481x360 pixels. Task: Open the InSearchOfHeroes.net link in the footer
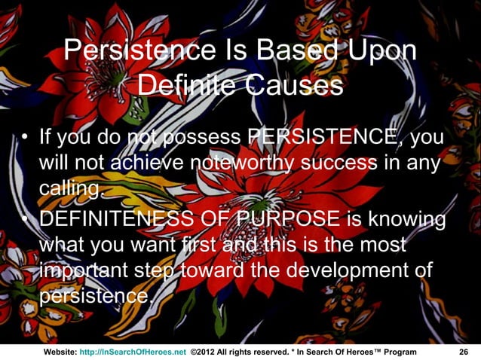(x=133, y=352)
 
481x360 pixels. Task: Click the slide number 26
(x=464, y=352)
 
